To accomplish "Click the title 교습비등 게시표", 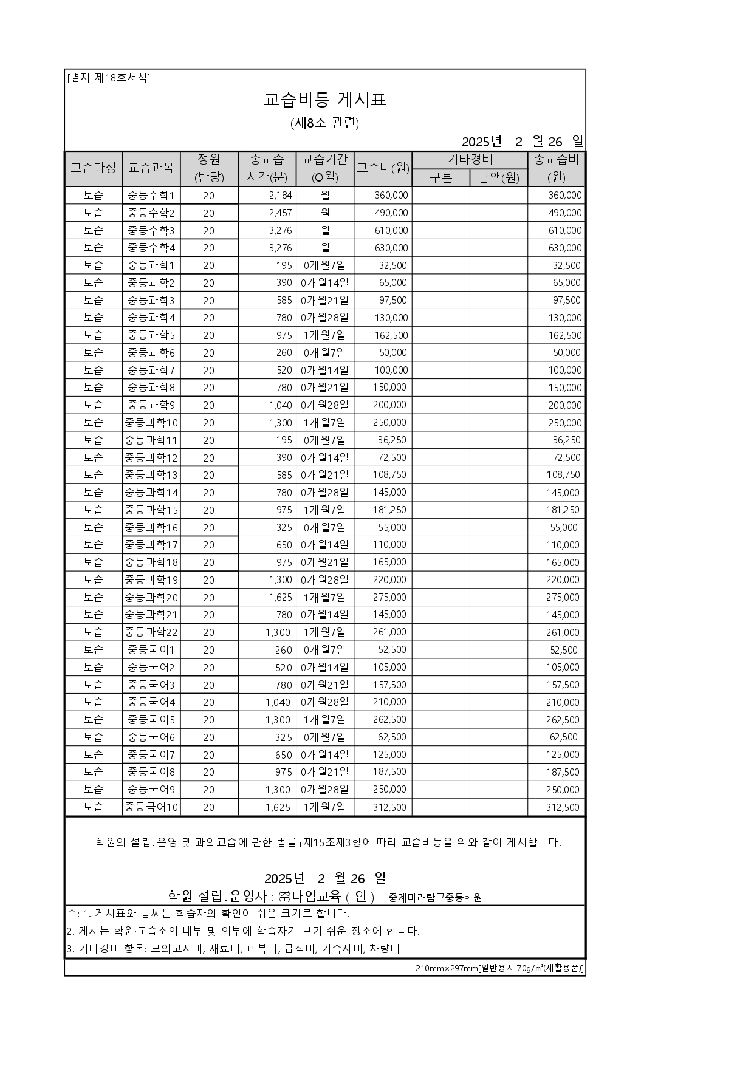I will pos(325,100).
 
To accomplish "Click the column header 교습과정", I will pos(94,168).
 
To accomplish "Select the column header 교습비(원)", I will pos(383,168).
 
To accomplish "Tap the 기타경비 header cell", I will pos(470,160).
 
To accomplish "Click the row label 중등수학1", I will pos(151,196).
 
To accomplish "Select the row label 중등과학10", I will pos(151,423).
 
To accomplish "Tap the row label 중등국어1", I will pos(151,650).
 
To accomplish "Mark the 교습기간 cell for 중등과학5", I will pos(324,335).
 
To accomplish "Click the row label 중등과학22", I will pos(151,632).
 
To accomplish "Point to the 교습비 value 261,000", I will pos(389,632).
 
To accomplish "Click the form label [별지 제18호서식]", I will pos(109,78).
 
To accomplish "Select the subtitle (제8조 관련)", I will pos(325,123).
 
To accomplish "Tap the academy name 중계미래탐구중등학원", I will pos(435,897).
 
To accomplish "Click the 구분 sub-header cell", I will pos(440,177).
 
